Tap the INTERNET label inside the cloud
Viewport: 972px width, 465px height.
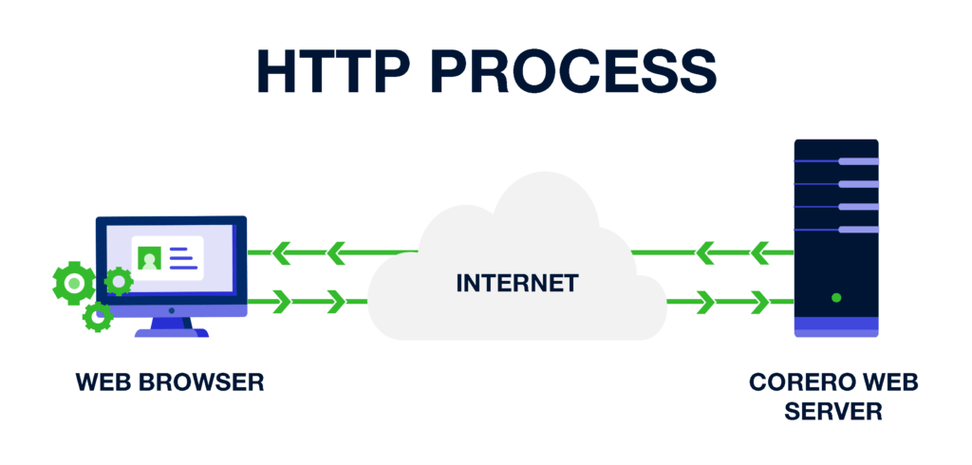517,283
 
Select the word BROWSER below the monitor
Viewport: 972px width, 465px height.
207,381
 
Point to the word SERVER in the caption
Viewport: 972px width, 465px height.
833,411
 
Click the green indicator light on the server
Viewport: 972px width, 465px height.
836,298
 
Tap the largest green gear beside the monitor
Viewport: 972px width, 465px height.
74,284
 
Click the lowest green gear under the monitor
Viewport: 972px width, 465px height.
98,318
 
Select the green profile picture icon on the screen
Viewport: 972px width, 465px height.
150,257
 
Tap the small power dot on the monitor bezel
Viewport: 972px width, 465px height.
172,310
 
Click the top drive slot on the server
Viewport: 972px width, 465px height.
858,161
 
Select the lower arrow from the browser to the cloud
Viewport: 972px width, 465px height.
308,302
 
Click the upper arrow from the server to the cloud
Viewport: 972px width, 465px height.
712,253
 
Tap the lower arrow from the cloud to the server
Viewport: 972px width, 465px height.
730,302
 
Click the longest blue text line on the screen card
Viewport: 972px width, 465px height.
184,268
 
